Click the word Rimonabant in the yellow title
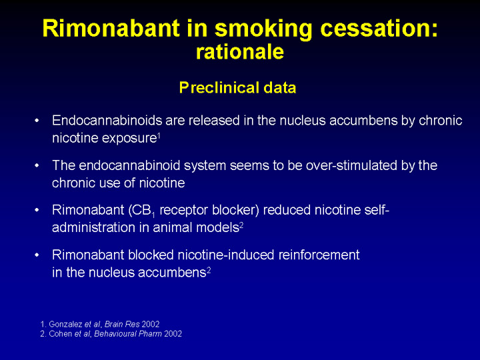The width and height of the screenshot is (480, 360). [x=111, y=28]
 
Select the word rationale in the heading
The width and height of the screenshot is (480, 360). [x=240, y=51]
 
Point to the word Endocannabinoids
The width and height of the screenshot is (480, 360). [x=107, y=120]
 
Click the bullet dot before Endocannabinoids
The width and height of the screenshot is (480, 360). [x=37, y=121]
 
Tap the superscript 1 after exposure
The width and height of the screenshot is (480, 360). [x=159, y=135]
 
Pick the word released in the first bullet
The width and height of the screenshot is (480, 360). [x=214, y=120]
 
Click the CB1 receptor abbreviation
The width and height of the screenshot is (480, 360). [x=143, y=211]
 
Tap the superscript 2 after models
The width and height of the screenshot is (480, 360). [x=241, y=225]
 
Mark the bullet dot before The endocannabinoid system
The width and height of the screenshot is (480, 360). [x=37, y=165]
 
